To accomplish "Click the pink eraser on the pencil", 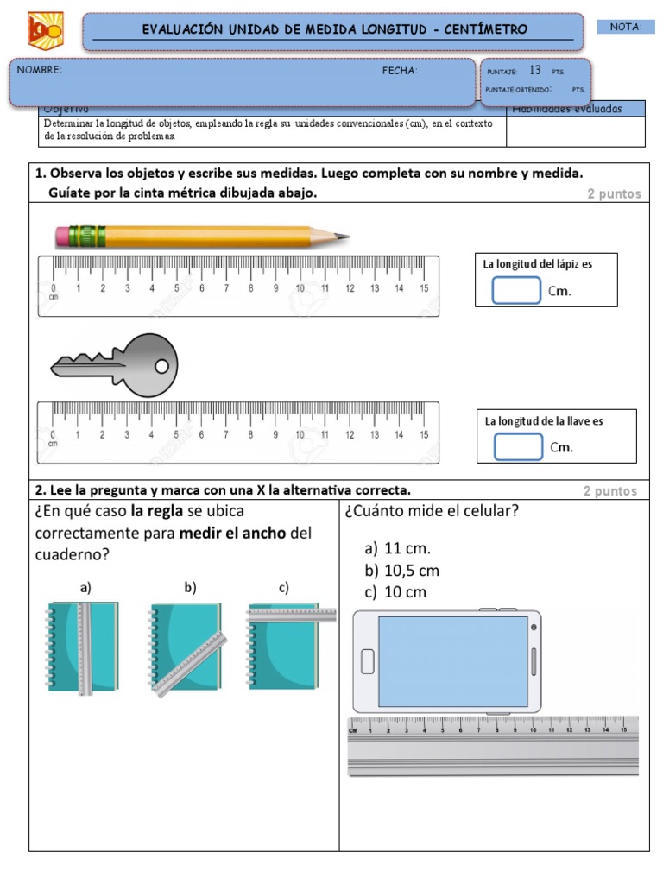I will click(62, 235).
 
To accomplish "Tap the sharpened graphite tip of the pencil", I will click(345, 236).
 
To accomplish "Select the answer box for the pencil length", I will click(516, 291).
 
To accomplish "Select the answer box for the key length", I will click(518, 446).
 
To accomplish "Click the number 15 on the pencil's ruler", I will click(423, 288).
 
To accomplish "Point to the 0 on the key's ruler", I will click(54, 435).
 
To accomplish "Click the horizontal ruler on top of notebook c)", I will click(292, 616).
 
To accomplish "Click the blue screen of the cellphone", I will click(452, 660).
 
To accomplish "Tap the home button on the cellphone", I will click(367, 662).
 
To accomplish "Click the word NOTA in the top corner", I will click(625, 27).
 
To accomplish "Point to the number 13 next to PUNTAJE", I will click(535, 71).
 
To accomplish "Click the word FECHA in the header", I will click(400, 71).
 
